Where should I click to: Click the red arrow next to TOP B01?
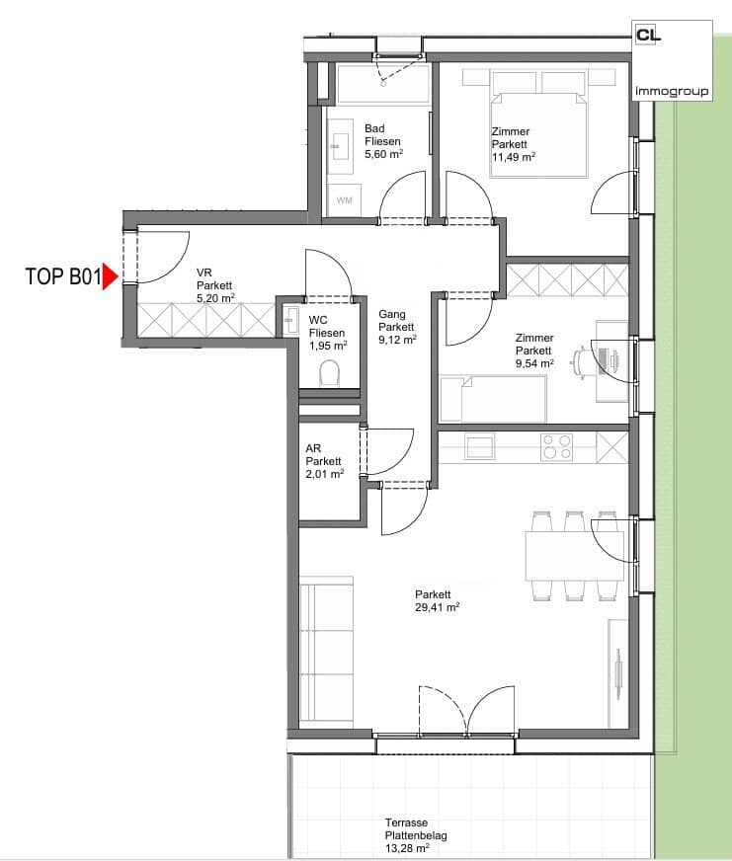(110, 276)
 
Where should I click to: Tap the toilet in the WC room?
(329, 373)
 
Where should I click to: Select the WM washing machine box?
(345, 200)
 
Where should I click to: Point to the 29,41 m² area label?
(438, 607)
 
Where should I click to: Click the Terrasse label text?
(406, 822)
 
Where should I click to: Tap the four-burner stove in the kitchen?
(557, 446)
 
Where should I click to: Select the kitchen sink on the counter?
(480, 446)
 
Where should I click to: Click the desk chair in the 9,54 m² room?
(580, 360)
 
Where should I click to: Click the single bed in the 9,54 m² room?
(493, 399)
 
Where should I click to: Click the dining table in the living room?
(574, 556)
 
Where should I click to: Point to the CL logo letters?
(648, 36)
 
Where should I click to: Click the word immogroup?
(672, 91)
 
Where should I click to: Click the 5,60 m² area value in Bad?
(383, 154)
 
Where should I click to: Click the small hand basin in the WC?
(289, 320)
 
